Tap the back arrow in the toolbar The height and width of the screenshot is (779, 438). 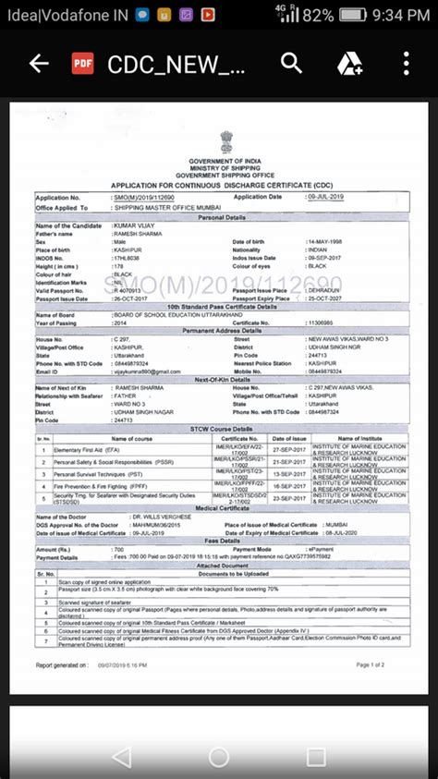coord(38,64)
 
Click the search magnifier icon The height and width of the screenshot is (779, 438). coord(292,63)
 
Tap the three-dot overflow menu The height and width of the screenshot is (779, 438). coord(407,63)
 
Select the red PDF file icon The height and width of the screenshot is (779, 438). coord(82,64)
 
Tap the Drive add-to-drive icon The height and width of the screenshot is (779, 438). coord(349,64)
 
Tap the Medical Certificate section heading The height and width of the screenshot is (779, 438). coord(222,507)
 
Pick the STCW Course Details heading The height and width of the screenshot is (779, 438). coord(223,429)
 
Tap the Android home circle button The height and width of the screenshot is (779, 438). coord(218,757)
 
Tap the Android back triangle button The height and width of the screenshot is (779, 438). coord(121,757)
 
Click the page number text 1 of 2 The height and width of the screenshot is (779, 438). coord(370,664)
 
